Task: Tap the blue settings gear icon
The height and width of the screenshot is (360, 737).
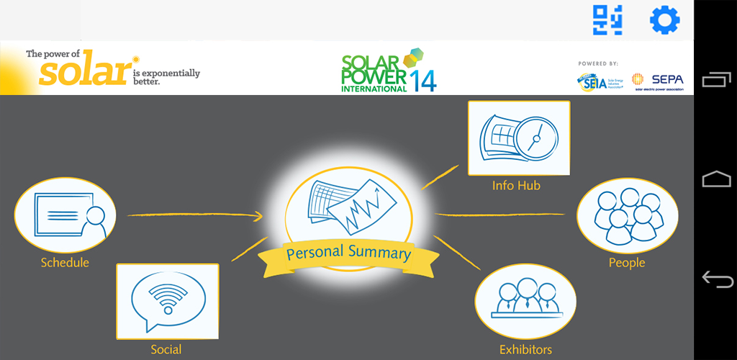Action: pos(664,20)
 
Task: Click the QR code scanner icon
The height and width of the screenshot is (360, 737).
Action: pos(607,20)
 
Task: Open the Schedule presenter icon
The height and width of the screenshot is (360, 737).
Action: pos(65,215)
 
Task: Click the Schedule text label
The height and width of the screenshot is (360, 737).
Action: pos(65,263)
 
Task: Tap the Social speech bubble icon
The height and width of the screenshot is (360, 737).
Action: pos(167,300)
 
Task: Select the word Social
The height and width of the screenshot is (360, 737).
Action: pos(166,350)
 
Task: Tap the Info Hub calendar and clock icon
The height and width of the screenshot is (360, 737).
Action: pos(518,138)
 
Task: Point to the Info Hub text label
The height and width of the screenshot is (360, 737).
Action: pos(516,186)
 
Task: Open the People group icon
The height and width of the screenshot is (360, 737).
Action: pos(627,215)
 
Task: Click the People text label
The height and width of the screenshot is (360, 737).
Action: pos(627,263)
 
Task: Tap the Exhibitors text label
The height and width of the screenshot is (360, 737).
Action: pos(525,350)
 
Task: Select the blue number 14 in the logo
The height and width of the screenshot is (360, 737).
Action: pos(423,79)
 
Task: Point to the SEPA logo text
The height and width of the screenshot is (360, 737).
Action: pos(667,79)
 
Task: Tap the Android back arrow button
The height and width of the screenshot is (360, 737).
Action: pos(716,279)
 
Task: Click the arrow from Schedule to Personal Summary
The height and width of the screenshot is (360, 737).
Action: pos(194,215)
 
